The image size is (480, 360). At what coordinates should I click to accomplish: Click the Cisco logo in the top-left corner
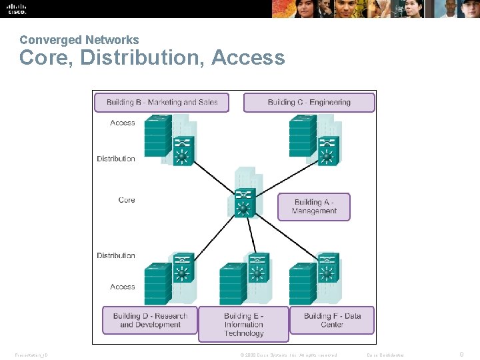tap(16, 9)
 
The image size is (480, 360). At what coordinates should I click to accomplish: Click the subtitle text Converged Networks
tap(79, 40)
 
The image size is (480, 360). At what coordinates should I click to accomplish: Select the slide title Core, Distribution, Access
tap(152, 58)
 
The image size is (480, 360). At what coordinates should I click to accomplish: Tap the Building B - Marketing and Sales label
tap(162, 102)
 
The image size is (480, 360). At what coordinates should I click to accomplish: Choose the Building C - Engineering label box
tap(309, 102)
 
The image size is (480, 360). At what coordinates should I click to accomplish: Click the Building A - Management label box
tap(314, 207)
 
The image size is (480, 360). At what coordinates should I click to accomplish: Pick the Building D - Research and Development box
tap(150, 320)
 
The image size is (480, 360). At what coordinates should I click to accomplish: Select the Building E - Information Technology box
tap(243, 324)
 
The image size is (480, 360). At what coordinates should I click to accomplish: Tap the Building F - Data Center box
tap(332, 320)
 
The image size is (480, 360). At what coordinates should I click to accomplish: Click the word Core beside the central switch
tap(126, 199)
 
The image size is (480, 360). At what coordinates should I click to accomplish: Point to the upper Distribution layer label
tap(116, 159)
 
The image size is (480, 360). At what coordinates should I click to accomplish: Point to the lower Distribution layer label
tap(116, 255)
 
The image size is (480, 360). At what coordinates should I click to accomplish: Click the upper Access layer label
tap(122, 123)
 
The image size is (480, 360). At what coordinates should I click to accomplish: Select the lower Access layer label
tap(122, 287)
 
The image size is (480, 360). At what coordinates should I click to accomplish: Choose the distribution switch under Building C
tap(327, 151)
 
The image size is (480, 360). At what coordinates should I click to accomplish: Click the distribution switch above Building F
tap(327, 267)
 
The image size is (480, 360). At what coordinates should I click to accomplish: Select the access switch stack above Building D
tap(157, 284)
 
